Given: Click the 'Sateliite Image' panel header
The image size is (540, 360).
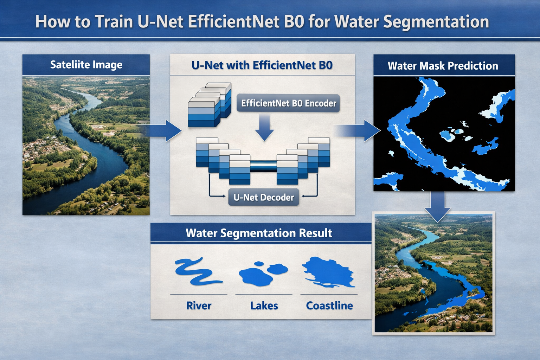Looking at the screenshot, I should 86,65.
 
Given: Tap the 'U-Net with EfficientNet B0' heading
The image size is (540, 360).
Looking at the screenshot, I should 262,65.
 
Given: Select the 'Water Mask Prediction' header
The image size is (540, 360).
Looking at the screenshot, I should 443,66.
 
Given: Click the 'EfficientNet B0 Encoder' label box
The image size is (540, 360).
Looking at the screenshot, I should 288,103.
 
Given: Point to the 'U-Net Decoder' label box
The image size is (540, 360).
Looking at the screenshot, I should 264,198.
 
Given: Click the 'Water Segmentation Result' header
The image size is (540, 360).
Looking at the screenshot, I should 259,233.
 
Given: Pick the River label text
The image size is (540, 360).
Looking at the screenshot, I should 199,306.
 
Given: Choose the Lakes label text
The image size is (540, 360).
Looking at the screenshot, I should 264,306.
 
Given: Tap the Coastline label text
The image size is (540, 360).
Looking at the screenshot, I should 329,306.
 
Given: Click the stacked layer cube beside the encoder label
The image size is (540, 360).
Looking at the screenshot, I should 210,105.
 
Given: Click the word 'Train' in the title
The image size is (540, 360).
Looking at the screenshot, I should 114,22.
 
